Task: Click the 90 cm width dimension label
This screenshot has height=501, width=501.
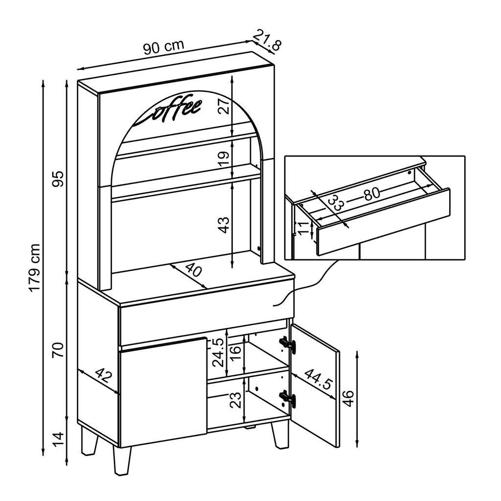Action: (x=163, y=47)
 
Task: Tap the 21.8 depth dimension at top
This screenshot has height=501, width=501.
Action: (x=268, y=41)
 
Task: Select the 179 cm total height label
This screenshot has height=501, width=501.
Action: (x=35, y=268)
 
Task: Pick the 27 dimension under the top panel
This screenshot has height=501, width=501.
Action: (x=224, y=106)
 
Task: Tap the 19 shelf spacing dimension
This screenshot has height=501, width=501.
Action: (x=224, y=159)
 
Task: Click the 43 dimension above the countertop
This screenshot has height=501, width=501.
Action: (x=224, y=225)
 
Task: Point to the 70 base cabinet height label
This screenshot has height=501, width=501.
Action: (x=58, y=350)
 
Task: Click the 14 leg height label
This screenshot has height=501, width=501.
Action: (x=58, y=439)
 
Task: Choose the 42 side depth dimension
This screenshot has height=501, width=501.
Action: (x=104, y=375)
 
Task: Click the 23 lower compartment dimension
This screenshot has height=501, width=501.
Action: (x=236, y=400)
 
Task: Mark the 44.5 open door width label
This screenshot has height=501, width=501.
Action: (x=318, y=379)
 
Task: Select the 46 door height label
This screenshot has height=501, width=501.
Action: (x=348, y=398)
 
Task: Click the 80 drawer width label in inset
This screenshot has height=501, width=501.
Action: (x=372, y=194)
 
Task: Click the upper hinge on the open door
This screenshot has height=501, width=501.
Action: (x=288, y=344)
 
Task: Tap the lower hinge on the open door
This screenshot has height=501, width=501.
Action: (x=288, y=398)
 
